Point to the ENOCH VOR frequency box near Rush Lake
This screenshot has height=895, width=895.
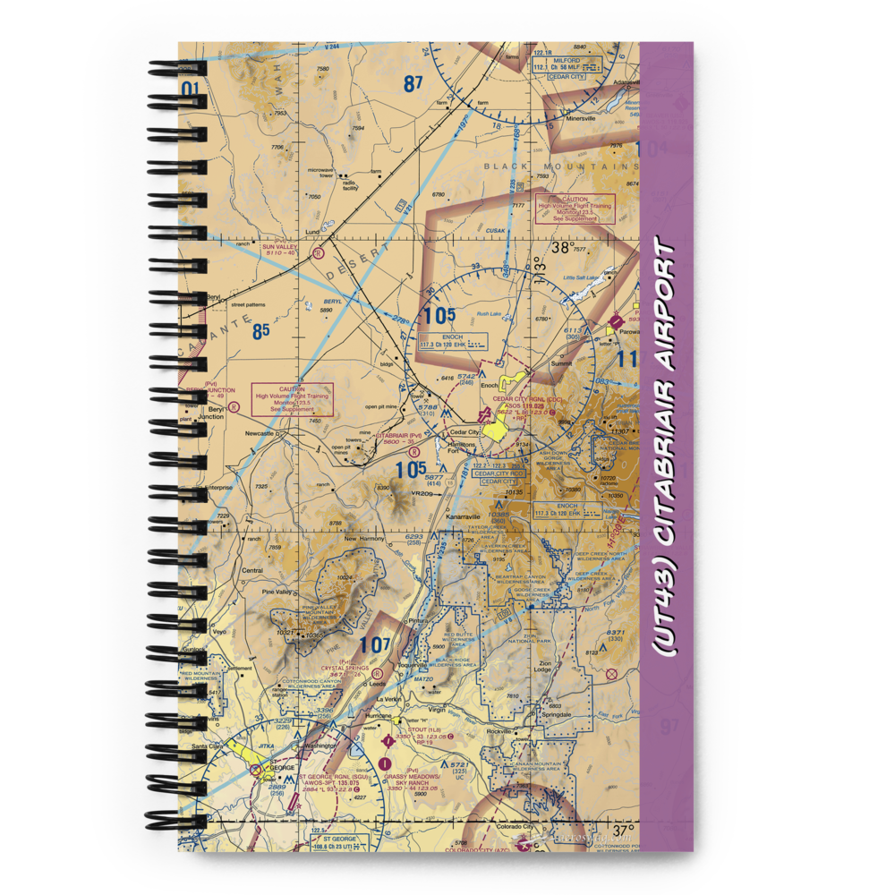454,341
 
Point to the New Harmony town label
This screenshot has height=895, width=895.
364,539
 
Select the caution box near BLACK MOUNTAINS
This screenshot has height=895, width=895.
575,209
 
